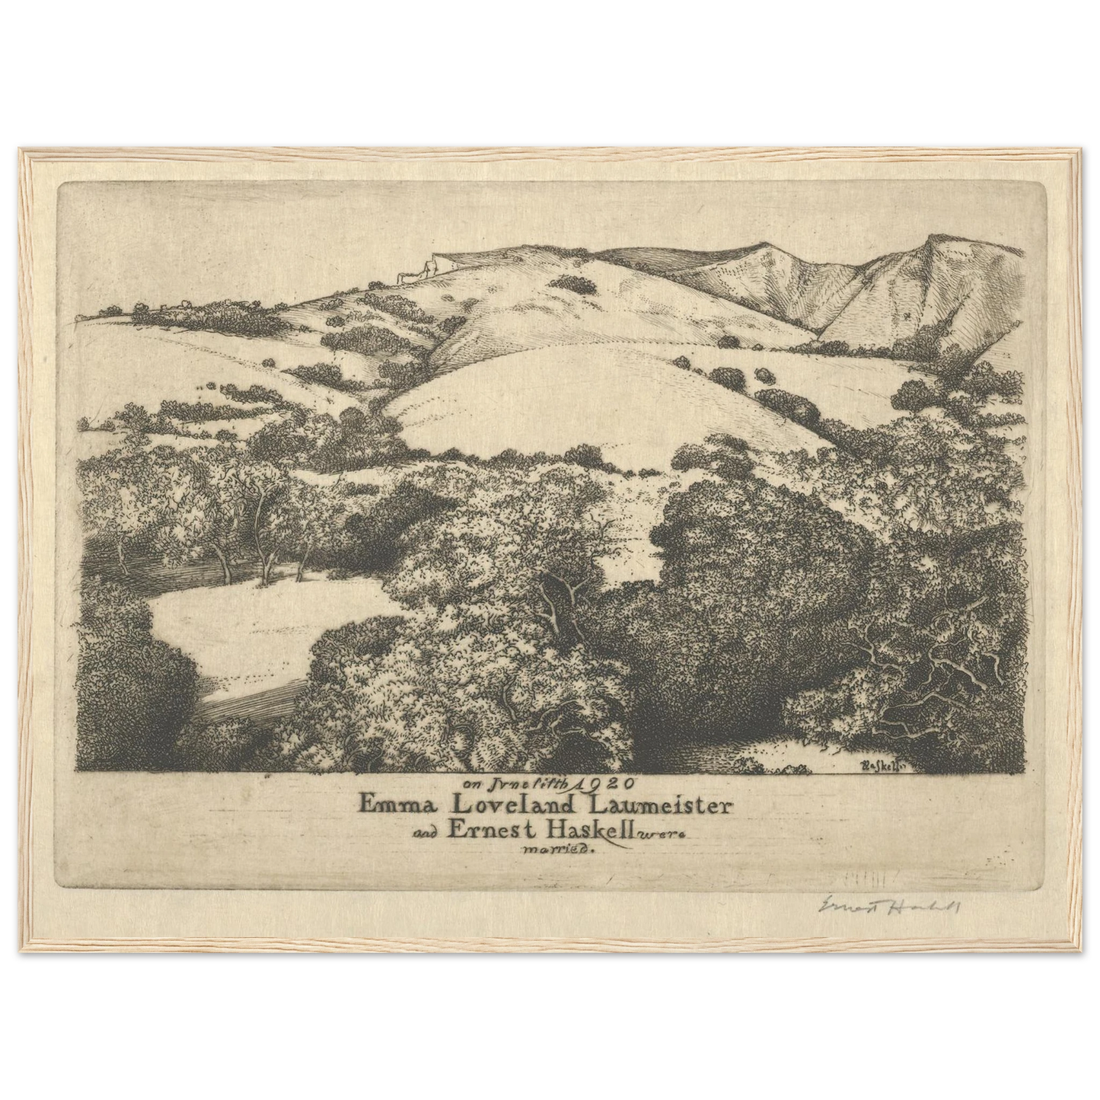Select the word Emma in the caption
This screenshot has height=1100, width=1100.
coord(397,804)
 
